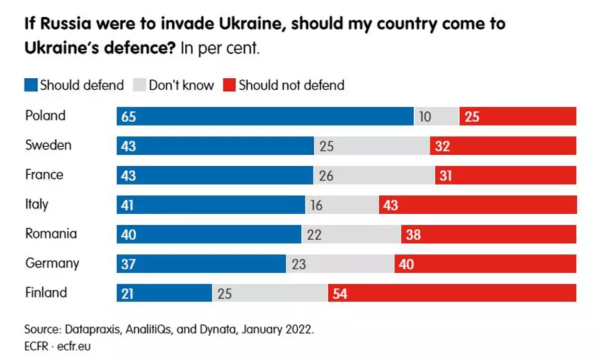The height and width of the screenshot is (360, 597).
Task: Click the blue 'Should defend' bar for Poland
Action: tap(265, 117)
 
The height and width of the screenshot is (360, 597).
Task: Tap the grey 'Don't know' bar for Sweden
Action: tap(372, 146)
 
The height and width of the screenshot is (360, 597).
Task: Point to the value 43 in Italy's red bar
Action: tap(392, 205)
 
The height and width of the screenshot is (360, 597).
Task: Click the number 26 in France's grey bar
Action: tap(326, 176)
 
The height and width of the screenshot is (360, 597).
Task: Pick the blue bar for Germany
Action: tap(201, 264)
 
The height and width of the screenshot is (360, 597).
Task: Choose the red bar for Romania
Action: tap(489, 235)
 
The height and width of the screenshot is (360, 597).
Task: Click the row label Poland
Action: tap(45, 116)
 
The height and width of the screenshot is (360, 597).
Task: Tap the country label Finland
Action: tap(46, 293)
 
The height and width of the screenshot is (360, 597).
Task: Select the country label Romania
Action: tap(51, 234)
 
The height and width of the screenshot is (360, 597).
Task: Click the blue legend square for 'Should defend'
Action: tap(31, 86)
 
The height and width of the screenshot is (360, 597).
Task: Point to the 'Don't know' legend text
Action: tap(181, 86)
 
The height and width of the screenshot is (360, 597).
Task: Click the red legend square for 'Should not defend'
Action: tap(229, 86)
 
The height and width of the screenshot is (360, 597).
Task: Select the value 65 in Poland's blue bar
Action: tap(129, 117)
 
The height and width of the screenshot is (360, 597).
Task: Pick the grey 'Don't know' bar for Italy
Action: tap(342, 205)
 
